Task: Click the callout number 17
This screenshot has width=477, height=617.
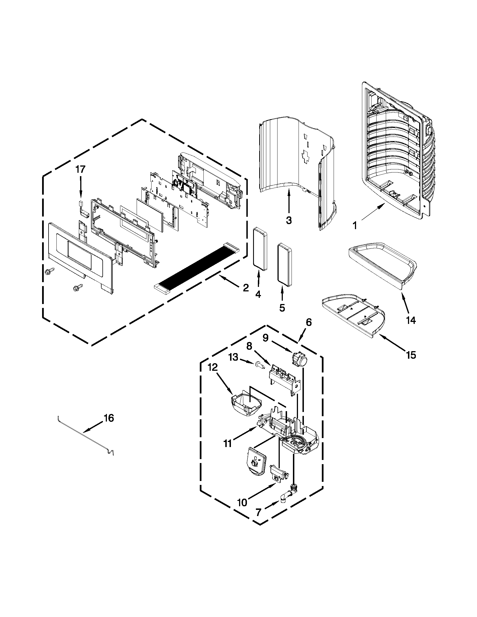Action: click(80, 169)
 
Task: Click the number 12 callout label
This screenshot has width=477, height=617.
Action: click(213, 367)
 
